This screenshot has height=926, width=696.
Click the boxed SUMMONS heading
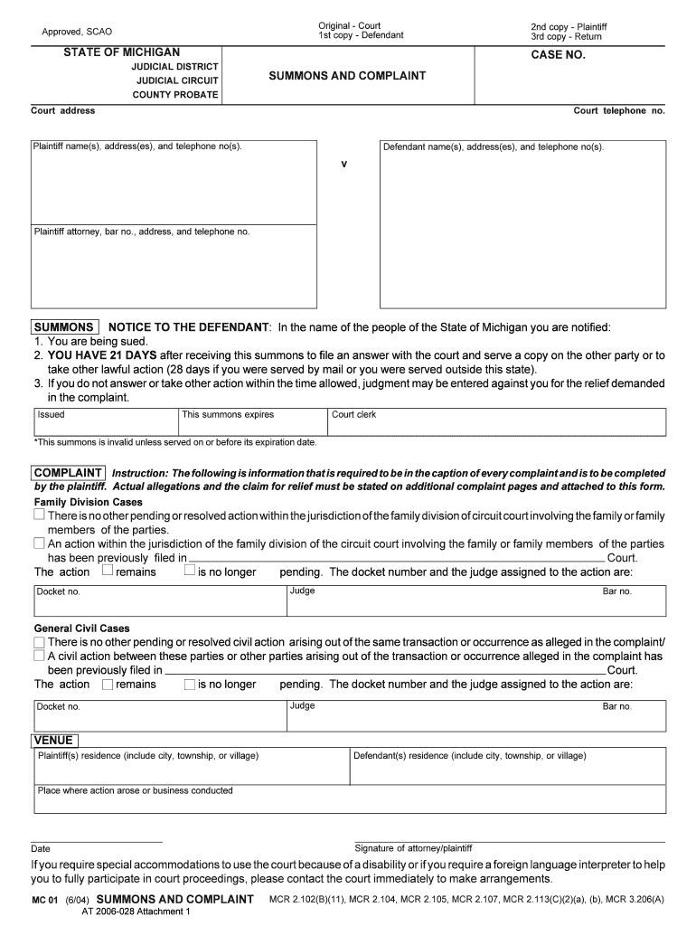[x=64, y=326]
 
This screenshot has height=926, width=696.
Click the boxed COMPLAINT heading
[x=69, y=473]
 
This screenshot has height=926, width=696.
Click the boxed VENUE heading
[x=53, y=740]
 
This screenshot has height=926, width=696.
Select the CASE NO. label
[x=558, y=55]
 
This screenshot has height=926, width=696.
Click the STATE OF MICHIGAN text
[x=121, y=52]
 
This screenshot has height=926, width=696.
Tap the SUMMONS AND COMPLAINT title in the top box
[x=347, y=76]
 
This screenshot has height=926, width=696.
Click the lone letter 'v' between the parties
[x=343, y=164]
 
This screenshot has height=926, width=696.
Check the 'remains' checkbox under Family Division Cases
[x=108, y=571]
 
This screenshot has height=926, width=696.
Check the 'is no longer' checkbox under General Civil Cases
[x=189, y=685]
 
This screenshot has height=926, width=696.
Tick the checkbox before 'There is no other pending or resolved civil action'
[x=39, y=640]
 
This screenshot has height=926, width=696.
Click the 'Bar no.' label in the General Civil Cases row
[x=617, y=706]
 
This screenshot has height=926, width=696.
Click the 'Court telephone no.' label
[x=618, y=110]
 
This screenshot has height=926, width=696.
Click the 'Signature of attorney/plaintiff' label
[x=413, y=848]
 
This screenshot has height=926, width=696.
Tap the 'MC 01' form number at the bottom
[x=45, y=901]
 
